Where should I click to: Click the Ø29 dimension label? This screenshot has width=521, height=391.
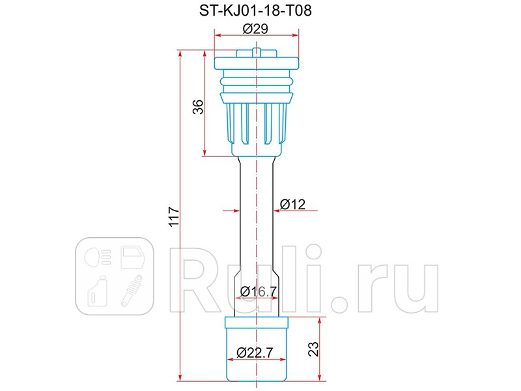click(257, 29)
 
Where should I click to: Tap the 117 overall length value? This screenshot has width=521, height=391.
click(173, 217)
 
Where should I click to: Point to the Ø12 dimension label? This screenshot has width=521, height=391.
click(292, 205)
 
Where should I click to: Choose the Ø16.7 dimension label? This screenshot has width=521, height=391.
click(255, 291)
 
